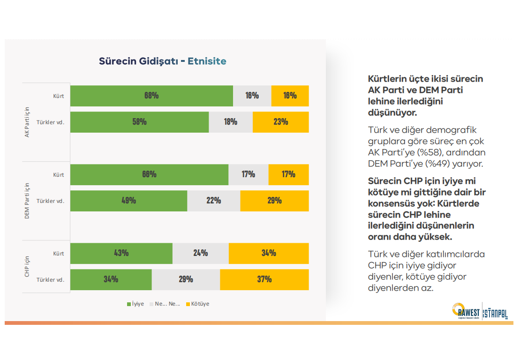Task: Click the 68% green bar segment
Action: coord(151,96)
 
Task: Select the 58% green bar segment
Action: coord(139,122)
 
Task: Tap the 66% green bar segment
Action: coord(149,174)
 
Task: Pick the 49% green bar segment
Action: coord(128,201)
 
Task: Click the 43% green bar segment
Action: coord(121,253)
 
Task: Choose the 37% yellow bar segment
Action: coord(264,279)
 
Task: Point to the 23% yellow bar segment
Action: coord(280,122)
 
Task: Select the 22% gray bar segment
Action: coord(214,201)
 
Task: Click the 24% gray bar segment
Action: coord(201,253)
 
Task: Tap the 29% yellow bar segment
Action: coord(274,201)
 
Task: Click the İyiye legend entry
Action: coord(136,304)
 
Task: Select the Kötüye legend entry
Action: coord(197,304)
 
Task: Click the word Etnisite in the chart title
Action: coord(207,61)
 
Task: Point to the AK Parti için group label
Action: coord(27,121)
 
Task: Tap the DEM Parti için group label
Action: coord(27,200)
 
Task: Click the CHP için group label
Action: coord(27,266)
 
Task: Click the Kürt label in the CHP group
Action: coord(58,254)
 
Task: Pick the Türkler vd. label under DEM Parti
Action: coord(50,201)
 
